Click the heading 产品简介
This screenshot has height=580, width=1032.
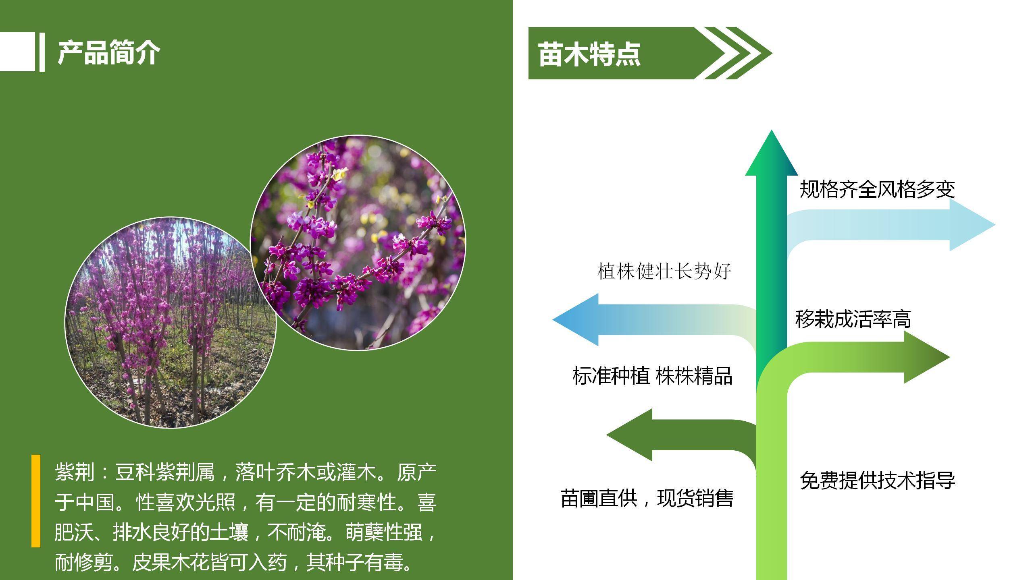(x=109, y=52)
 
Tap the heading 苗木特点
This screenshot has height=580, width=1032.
(x=589, y=54)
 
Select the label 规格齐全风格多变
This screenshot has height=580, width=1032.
(x=877, y=189)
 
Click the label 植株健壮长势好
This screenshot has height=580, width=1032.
(x=664, y=271)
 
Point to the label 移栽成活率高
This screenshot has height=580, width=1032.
(x=853, y=319)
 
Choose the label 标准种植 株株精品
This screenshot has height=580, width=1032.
(x=652, y=376)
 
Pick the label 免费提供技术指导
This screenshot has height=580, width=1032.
(x=878, y=480)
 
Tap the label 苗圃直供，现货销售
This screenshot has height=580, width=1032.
(x=647, y=498)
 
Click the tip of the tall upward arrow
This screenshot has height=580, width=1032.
(x=772, y=130)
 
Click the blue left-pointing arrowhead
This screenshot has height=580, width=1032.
(x=575, y=320)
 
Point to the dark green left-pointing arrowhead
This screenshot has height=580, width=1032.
(x=629, y=435)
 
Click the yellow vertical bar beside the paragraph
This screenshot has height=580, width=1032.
(x=36, y=501)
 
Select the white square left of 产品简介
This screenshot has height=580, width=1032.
(x=17, y=52)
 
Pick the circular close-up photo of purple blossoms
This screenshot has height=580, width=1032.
(x=358, y=242)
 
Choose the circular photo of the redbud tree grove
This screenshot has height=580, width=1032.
(x=171, y=323)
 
